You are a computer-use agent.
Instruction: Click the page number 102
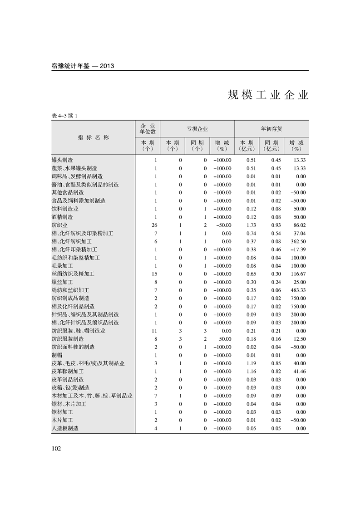56,449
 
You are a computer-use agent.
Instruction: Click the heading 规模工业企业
268,95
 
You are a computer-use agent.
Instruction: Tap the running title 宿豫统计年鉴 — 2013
83,66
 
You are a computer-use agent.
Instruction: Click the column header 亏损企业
197,129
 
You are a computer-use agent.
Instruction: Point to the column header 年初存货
271,129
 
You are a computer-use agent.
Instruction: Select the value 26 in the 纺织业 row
153,225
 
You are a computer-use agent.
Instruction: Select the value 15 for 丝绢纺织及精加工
154,274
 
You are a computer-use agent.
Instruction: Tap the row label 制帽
57,355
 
